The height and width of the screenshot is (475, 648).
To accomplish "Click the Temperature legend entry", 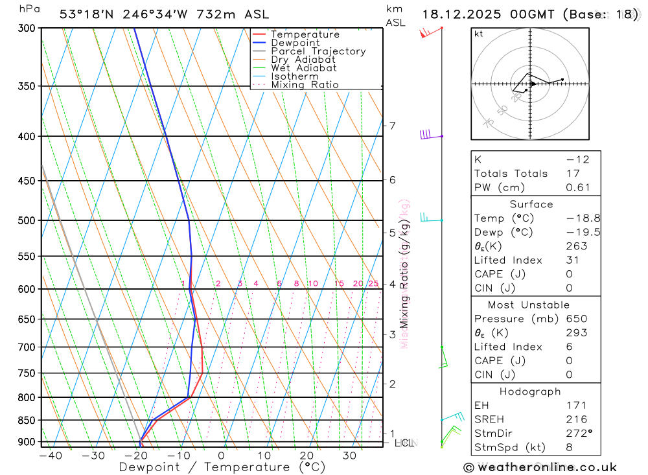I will pyautogui.click(x=305, y=34).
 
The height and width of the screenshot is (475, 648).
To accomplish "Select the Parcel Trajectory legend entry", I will pyautogui.click(x=318, y=51).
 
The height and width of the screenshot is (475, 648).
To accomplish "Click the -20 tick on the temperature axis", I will pyautogui.click(x=136, y=456).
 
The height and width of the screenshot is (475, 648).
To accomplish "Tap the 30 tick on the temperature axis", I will pyautogui.click(x=349, y=456).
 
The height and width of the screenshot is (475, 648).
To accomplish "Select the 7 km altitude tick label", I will pyautogui.click(x=392, y=125).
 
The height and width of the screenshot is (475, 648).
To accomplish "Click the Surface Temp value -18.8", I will pyautogui.click(x=573, y=218).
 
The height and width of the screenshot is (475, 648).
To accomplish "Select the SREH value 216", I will pyautogui.click(x=576, y=419).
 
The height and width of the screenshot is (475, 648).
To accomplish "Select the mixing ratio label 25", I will pyautogui.click(x=373, y=284).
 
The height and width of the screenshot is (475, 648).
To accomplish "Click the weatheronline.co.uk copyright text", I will pyautogui.click(x=540, y=467).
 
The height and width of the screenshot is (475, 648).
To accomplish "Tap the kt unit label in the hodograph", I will pyautogui.click(x=478, y=34).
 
